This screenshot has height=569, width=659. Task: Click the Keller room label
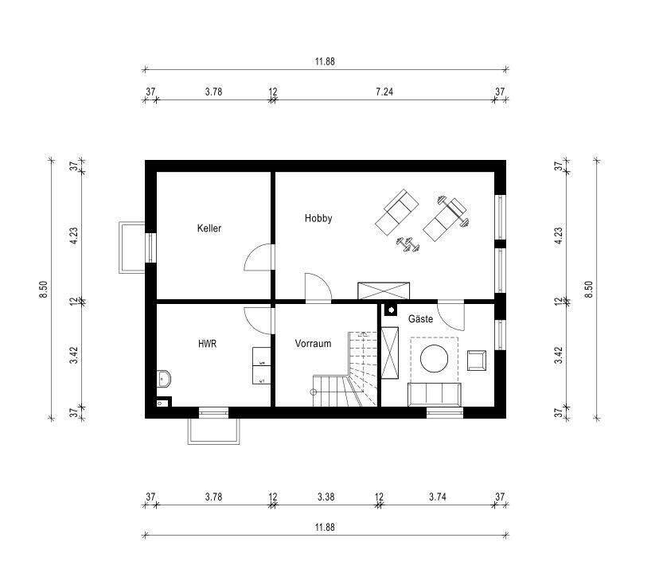pyautogui.click(x=209, y=228)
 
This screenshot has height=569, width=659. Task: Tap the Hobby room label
pyautogui.click(x=318, y=218)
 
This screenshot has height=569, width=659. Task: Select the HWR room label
pyautogui.click(x=207, y=344)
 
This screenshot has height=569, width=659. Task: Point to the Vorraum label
pyautogui.click(x=313, y=343)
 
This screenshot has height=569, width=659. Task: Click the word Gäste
pyautogui.click(x=420, y=318)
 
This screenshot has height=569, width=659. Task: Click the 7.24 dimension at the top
pyautogui.click(x=384, y=92)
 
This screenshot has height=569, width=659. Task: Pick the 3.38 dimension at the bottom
pyautogui.click(x=326, y=497)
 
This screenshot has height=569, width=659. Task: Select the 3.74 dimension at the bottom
pyautogui.click(x=438, y=497)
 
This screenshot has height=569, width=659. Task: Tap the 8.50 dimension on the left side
pyautogui.click(x=43, y=289)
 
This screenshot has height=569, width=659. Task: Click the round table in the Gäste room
pyautogui.click(x=434, y=358)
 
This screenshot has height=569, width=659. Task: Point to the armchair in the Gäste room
pyautogui.click(x=477, y=360)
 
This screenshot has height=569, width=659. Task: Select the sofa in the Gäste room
pyautogui.click(x=434, y=395)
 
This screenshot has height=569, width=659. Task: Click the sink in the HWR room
pyautogui.click(x=164, y=379)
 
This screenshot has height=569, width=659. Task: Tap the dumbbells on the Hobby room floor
pyautogui.click(x=407, y=244)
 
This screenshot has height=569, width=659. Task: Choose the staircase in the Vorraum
pyautogui.click(x=345, y=369)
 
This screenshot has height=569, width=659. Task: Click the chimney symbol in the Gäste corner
pyautogui.click(x=391, y=310)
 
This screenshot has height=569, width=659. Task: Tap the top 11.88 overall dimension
pyautogui.click(x=325, y=61)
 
